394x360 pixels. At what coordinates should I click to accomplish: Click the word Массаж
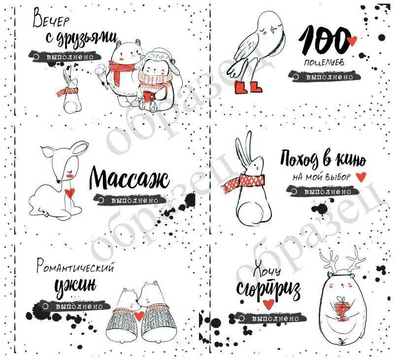pyautogui.click(x=130, y=179)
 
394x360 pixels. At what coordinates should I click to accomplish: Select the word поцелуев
pyautogui.click(x=321, y=63)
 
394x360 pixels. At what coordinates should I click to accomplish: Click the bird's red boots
pyautogui.click(x=249, y=87)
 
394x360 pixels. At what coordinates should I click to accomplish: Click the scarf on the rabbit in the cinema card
pyautogui.click(x=241, y=183)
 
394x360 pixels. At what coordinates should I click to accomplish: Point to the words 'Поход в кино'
pyautogui.click(x=323, y=159)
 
